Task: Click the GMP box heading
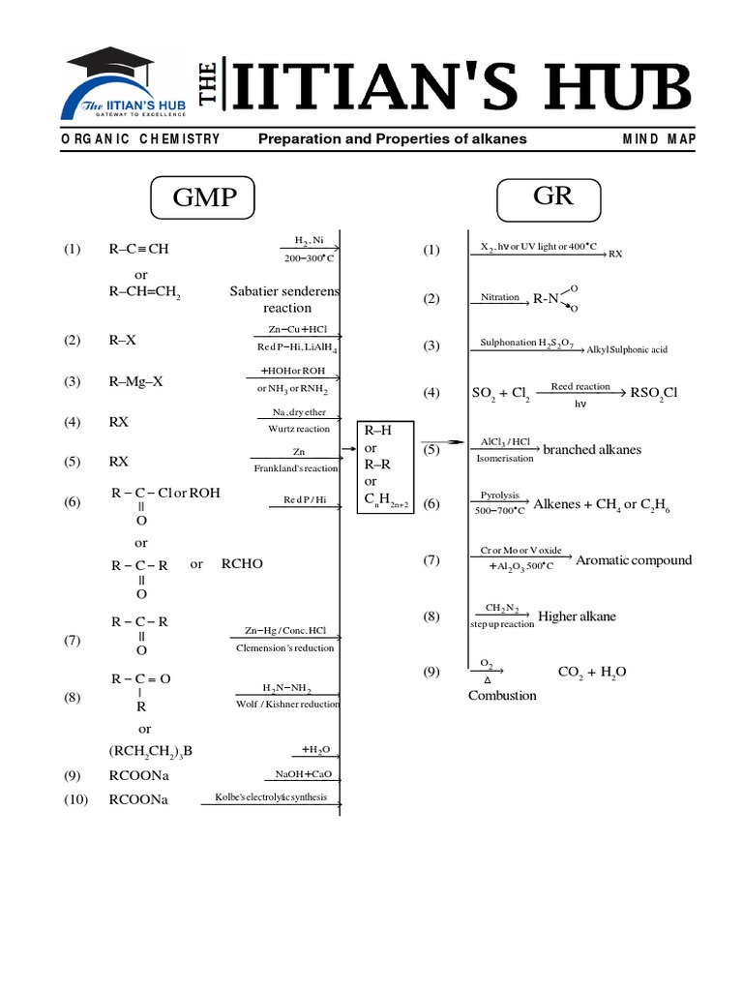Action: (204, 198)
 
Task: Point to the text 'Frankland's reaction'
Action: (297, 468)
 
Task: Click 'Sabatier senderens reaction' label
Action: (285, 299)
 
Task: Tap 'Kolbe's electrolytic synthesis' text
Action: (271, 798)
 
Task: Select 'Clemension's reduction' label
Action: (285, 647)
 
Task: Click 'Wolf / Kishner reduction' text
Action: (288, 705)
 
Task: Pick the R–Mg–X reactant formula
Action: (136, 381)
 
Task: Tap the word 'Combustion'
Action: (502, 695)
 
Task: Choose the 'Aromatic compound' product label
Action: (634, 560)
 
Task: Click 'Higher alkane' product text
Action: (577, 616)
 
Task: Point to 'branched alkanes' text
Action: (592, 450)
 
